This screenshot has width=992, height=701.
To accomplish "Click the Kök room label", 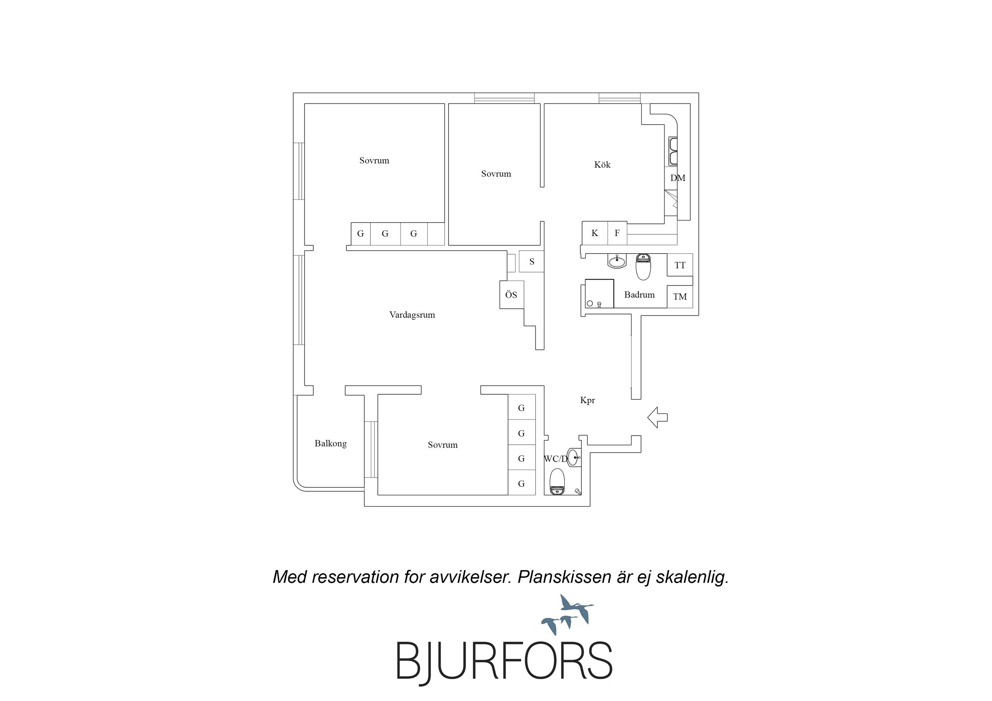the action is pos(602,165).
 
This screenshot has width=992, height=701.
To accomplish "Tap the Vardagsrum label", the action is pos(412,315).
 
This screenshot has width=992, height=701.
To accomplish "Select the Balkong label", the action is pos(331,443).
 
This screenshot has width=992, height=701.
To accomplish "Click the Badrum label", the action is pos(640,295).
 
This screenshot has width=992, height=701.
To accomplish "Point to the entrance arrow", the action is pos(657,417).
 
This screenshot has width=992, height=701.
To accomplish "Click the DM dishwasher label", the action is pos(678,178).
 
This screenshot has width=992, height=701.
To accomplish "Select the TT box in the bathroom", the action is pos(680,265).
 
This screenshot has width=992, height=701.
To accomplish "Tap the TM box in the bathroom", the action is pos(680,297).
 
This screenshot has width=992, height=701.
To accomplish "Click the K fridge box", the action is pos(595,233).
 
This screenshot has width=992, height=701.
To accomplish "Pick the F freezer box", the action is pos(617,233).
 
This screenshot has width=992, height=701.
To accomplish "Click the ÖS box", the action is pos(512,295).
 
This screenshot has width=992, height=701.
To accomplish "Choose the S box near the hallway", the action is pos(532,261).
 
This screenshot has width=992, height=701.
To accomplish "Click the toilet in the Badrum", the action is pos(643,267).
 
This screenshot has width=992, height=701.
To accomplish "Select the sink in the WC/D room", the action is pos(573,457).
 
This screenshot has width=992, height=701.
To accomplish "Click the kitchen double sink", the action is pos(673,151).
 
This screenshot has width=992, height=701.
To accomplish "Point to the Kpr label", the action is pos(587,400).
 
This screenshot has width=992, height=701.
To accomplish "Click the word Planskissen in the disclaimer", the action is pos(564,577).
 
